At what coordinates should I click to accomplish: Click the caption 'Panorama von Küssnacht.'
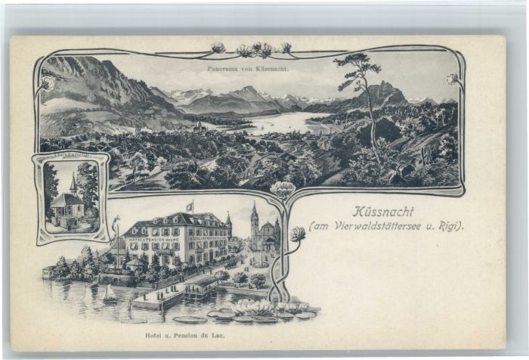(x=247, y=68)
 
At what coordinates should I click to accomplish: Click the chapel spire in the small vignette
(x=73, y=182)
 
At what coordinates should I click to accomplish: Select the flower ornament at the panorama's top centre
(x=253, y=50)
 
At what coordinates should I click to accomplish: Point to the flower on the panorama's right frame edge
(x=452, y=79)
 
